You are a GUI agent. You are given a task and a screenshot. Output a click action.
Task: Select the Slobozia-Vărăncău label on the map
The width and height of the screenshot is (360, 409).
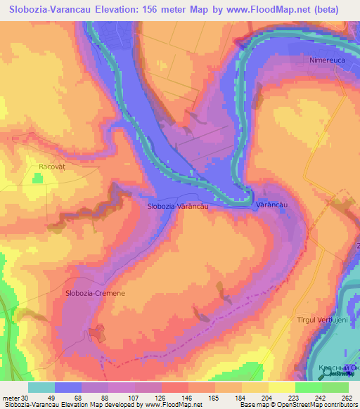coord(177,206)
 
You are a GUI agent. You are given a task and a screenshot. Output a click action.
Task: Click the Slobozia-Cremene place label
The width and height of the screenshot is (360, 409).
coord(95,293)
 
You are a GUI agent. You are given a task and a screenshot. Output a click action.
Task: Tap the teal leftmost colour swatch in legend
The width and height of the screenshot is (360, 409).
coord(41,387)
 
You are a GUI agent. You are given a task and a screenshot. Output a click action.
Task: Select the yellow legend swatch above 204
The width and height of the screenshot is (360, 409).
coord(256,387)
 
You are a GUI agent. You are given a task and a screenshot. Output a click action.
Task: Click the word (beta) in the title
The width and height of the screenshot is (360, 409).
coord(337,10)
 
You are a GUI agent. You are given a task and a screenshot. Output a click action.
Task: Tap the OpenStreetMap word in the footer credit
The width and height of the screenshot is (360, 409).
coord(290,404)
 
